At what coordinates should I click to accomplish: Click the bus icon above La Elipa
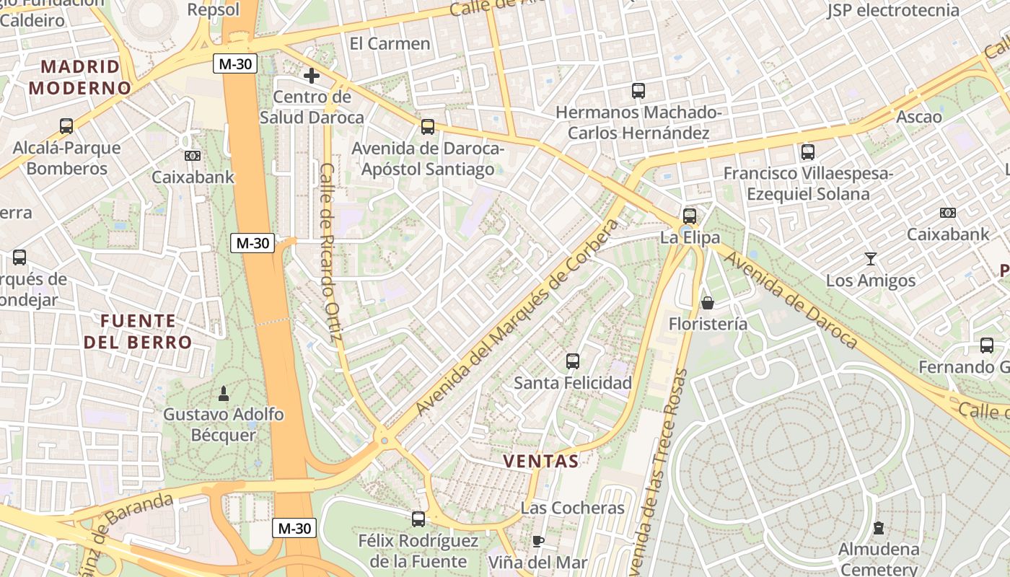tap(690, 216)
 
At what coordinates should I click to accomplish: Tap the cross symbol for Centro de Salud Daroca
tap(312, 75)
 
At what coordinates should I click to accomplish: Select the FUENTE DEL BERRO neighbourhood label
tap(138, 331)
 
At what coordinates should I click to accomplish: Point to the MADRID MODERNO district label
tap(80, 77)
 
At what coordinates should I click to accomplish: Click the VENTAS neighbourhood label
tap(540, 461)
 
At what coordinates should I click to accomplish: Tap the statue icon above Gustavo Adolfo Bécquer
tap(223, 394)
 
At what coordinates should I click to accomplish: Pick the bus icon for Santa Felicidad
tap(573, 361)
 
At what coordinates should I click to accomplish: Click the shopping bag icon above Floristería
tap(708, 303)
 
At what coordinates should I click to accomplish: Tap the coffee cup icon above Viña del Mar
tap(537, 541)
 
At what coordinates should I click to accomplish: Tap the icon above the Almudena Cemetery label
tap(878, 528)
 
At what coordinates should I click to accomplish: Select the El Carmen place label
tap(390, 43)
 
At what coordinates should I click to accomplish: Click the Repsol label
tap(213, 9)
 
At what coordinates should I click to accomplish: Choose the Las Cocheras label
tap(572, 508)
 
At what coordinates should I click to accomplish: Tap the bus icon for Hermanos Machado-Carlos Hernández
tap(638, 91)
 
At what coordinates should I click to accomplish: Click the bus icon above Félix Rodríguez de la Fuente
tap(418, 519)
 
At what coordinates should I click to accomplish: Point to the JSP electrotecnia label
tap(893, 10)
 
